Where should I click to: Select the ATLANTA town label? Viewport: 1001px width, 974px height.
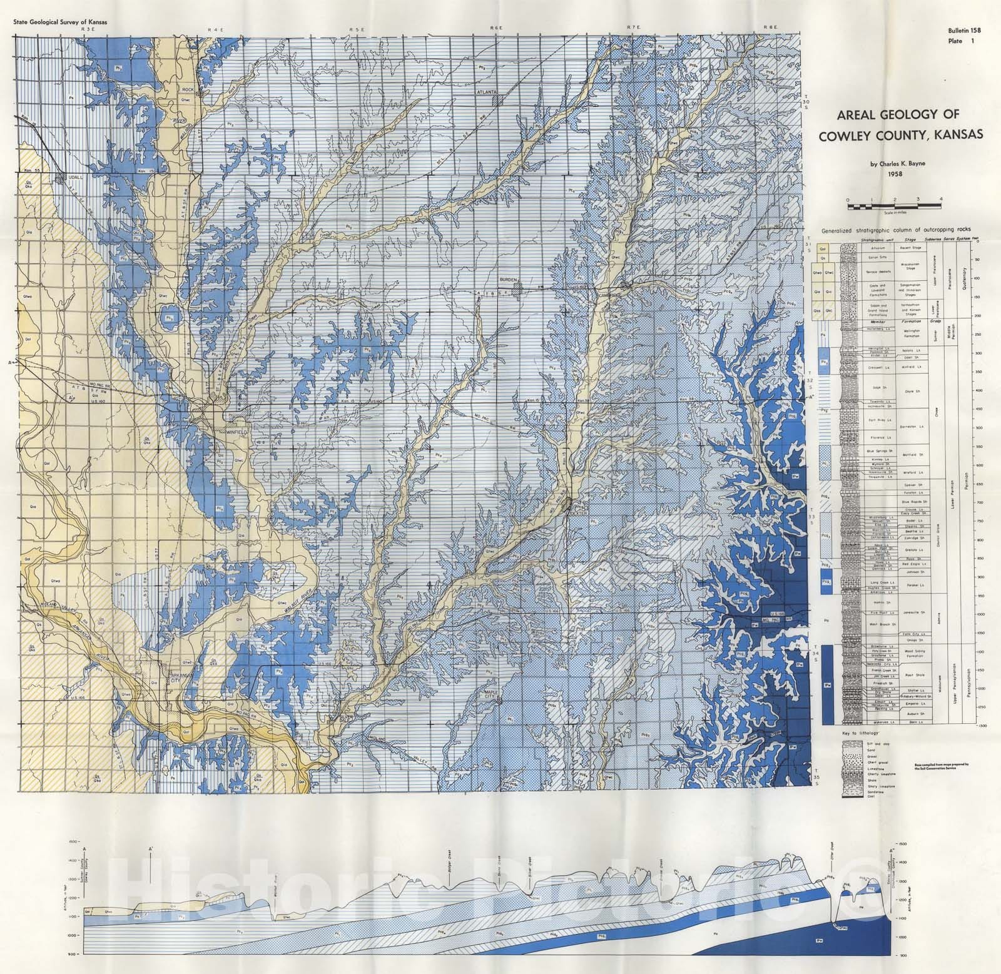482,91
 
